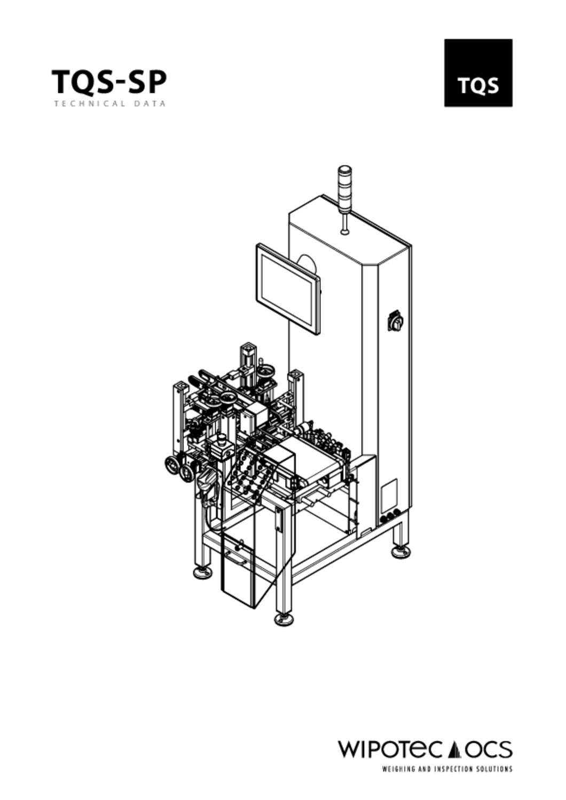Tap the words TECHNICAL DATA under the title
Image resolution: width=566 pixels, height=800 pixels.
pyautogui.click(x=109, y=104)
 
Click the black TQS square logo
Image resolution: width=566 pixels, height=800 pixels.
pyautogui.click(x=478, y=73)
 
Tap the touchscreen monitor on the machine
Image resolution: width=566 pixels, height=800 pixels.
pyautogui.click(x=287, y=289)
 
